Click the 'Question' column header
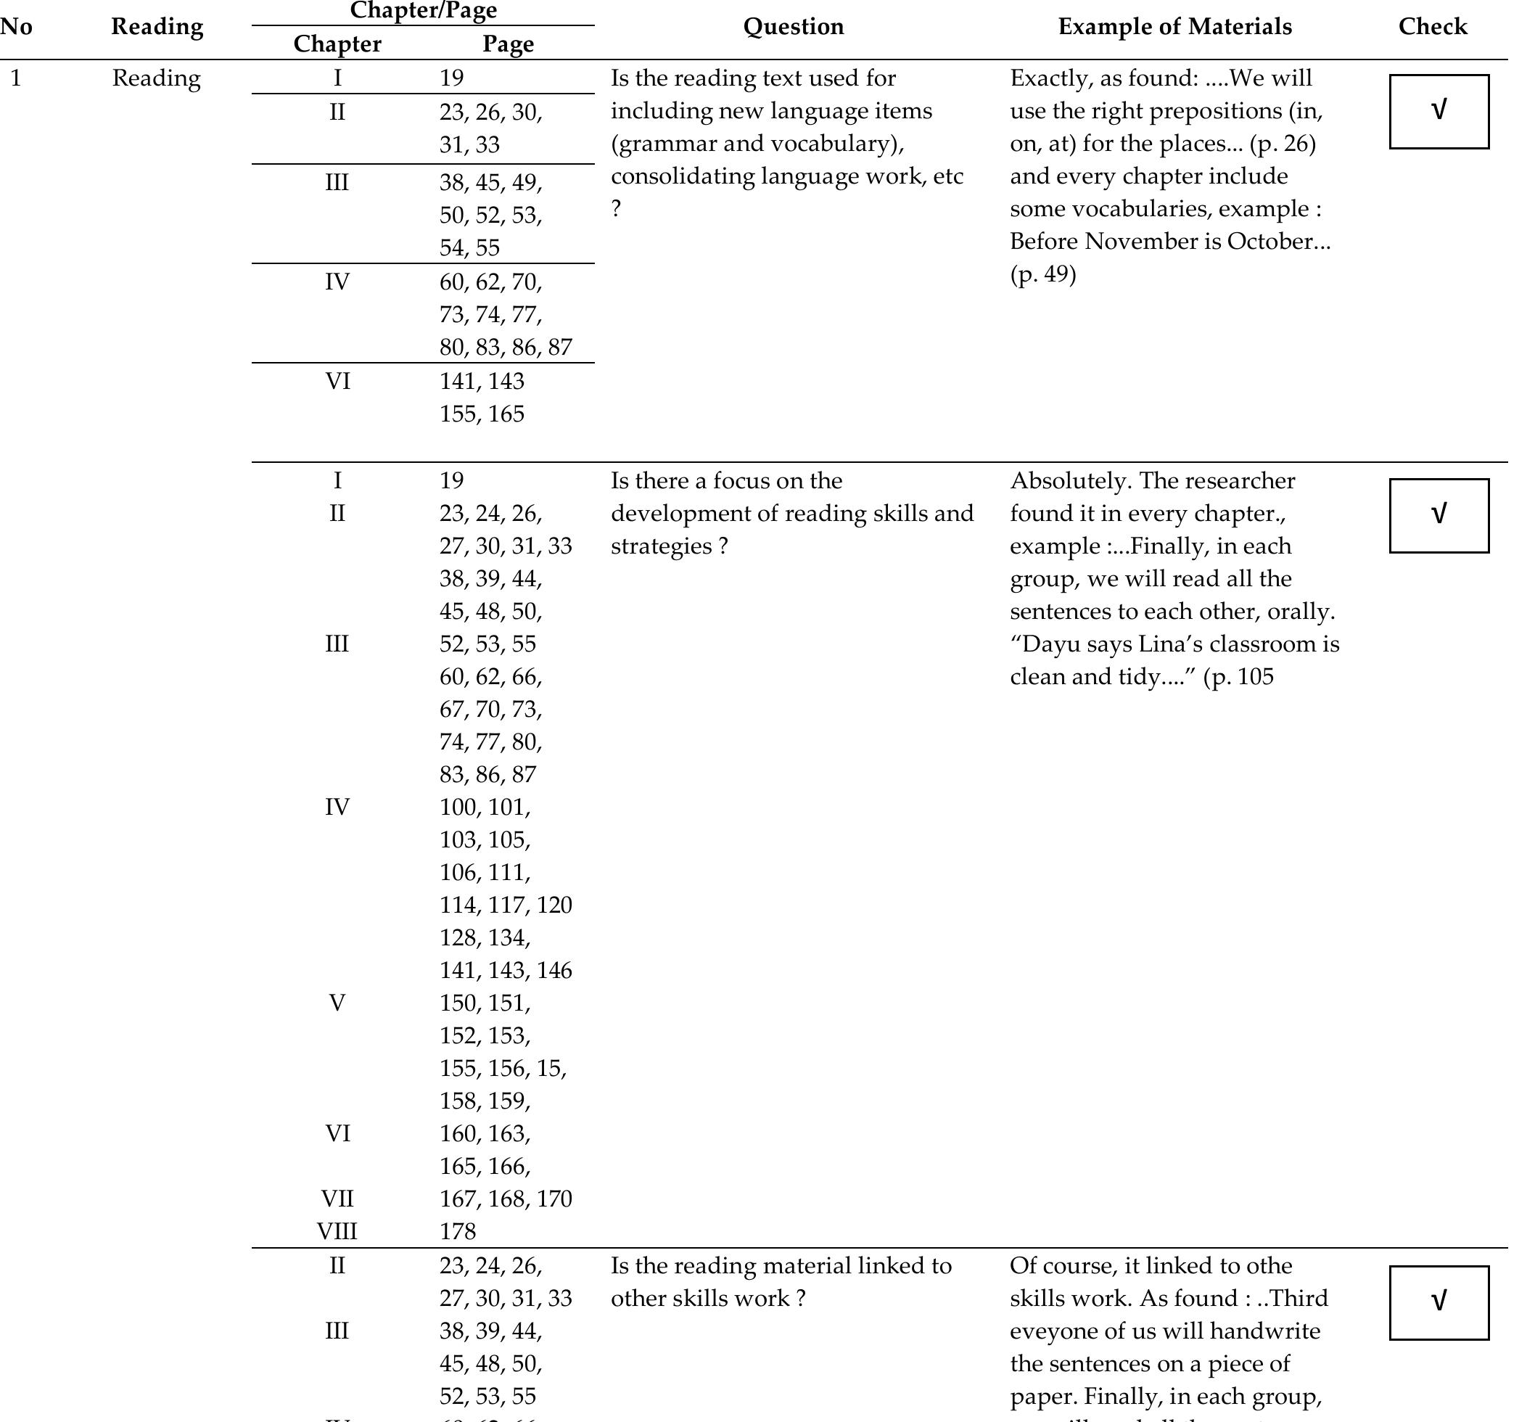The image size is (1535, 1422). pyautogui.click(x=794, y=27)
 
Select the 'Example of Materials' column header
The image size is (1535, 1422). pyautogui.click(x=1174, y=27)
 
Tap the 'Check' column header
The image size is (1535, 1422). pyautogui.click(x=1432, y=27)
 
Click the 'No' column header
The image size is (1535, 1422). pyautogui.click(x=15, y=27)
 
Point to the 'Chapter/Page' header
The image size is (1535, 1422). pyautogui.click(x=422, y=11)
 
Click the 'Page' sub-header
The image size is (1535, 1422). pyautogui.click(x=508, y=44)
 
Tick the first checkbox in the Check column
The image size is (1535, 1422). pyautogui.click(x=1438, y=111)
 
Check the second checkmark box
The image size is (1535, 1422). pyautogui.click(x=1438, y=515)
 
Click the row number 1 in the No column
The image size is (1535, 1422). pyautogui.click(x=15, y=78)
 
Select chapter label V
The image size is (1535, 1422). pyautogui.click(x=337, y=1003)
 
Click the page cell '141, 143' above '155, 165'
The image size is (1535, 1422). pyautogui.click(x=482, y=382)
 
